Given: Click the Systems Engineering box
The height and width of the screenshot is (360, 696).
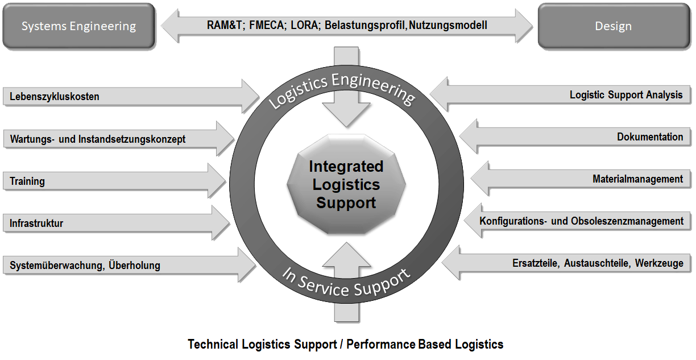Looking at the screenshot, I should click(78, 26).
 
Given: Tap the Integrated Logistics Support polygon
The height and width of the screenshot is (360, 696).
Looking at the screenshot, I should click(346, 185).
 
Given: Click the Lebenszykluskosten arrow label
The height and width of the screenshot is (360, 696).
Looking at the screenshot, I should click(55, 97).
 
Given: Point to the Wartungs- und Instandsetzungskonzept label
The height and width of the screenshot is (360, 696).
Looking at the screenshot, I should click(97, 139).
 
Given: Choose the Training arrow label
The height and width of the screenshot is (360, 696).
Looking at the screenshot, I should click(27, 181).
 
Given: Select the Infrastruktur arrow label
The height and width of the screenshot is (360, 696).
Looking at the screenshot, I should click(36, 224).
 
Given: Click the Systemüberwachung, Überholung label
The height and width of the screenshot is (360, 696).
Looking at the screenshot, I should click(85, 266).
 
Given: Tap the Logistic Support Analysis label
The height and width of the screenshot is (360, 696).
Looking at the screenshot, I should click(626, 95).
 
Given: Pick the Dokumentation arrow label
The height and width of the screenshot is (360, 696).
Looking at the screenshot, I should click(650, 137).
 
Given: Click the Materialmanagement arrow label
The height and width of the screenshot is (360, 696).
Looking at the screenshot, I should click(637, 179).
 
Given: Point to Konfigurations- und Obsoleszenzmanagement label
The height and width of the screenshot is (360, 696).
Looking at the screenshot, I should click(581, 221).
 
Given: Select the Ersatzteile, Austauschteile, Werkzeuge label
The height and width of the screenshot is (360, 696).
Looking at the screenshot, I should click(598, 263).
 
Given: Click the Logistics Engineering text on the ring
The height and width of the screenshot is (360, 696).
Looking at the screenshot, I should click(341, 90).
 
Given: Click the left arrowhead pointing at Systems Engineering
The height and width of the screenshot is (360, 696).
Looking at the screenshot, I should click(170, 26).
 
